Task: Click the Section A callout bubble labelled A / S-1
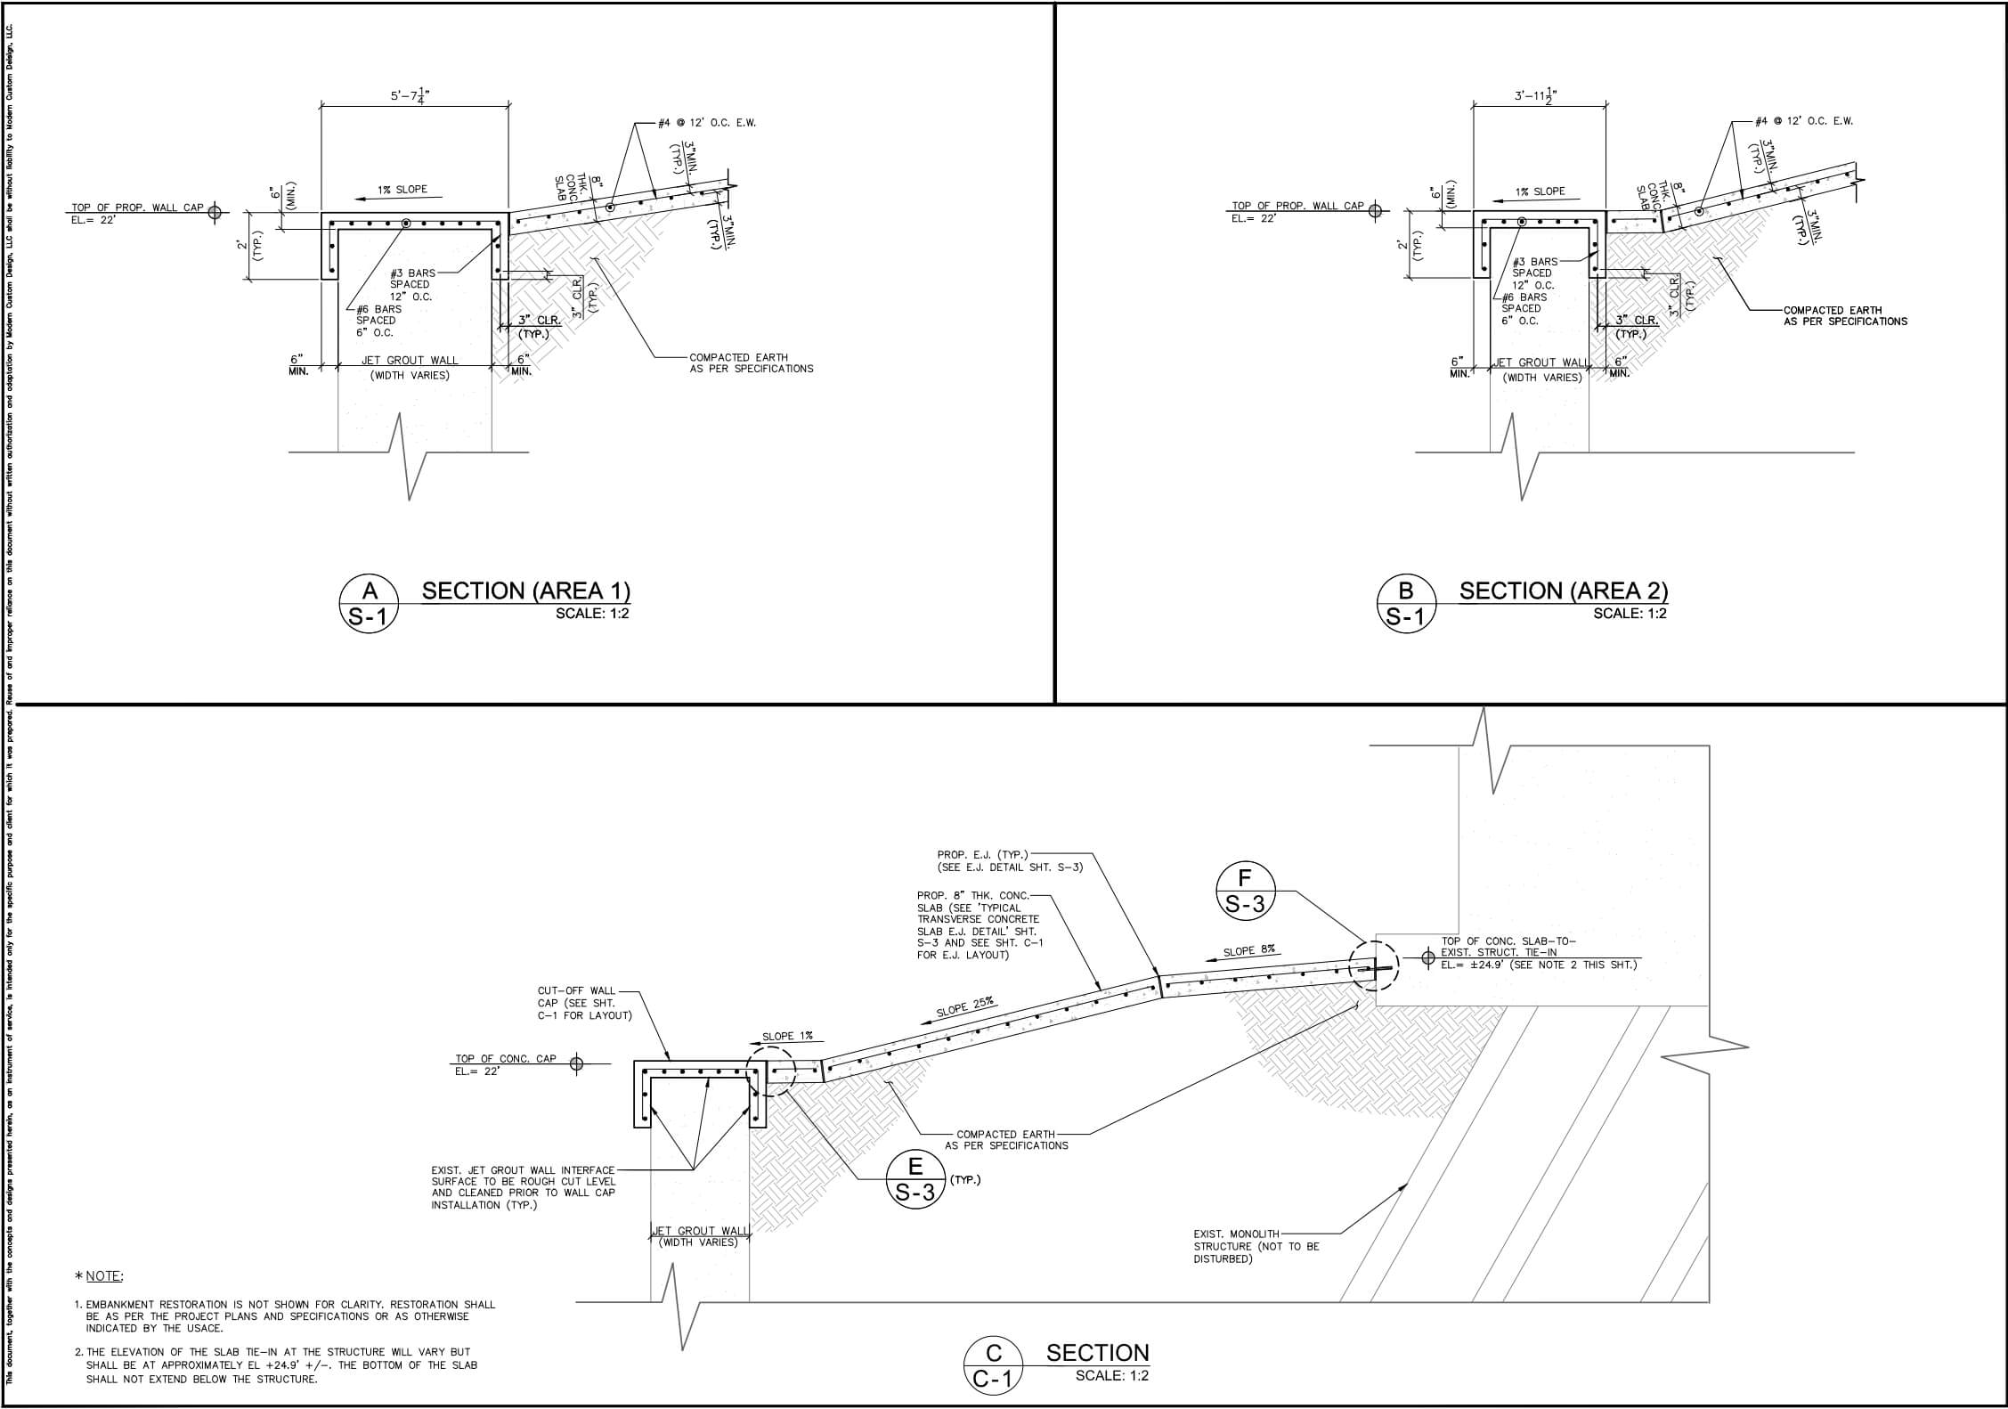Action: coord(369,604)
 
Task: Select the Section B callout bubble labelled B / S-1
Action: coord(1406,604)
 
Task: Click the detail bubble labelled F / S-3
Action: coord(1245,891)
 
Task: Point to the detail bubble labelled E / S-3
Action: coord(915,1179)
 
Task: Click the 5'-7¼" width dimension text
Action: coord(414,95)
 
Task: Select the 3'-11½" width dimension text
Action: coord(1539,95)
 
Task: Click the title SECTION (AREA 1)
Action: coord(525,590)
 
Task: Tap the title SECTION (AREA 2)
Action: coord(1564,590)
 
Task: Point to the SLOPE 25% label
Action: coord(965,1008)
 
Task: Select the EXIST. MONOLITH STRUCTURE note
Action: coord(1256,1246)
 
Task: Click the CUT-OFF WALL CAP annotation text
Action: coord(583,1003)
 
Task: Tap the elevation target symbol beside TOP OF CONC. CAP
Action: coord(577,1063)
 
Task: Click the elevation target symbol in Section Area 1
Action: coord(214,211)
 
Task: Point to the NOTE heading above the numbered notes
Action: coord(104,1275)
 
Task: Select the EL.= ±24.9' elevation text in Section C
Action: coord(1538,965)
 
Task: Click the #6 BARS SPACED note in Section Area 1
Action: coord(378,321)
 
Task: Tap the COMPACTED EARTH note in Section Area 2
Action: coord(1844,315)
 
